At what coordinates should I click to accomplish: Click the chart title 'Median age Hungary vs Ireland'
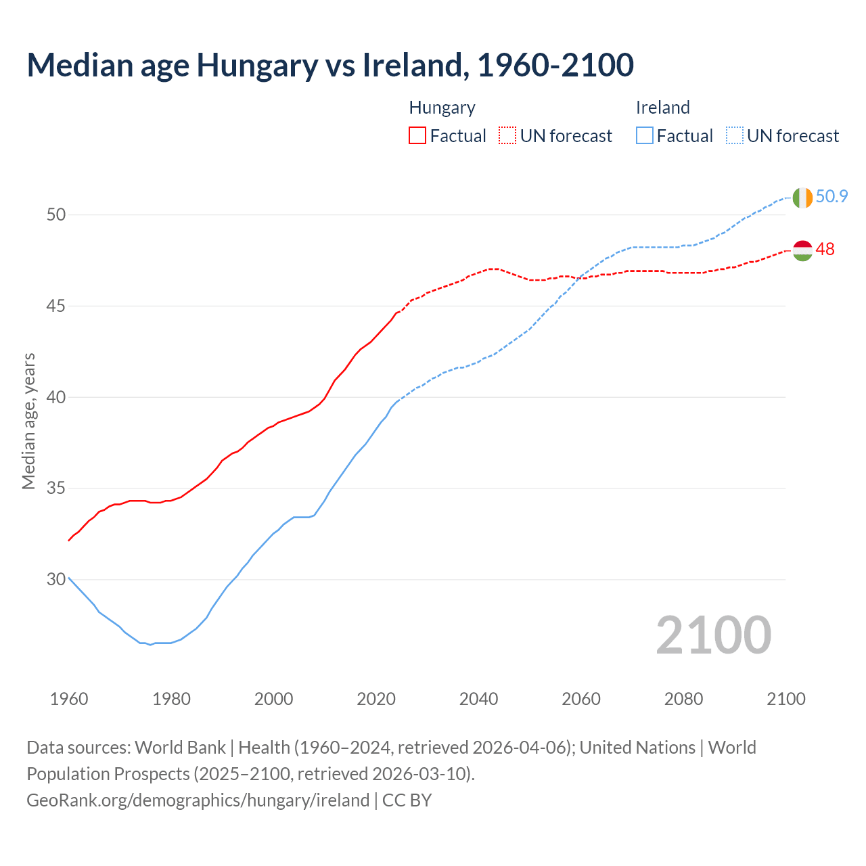click(330, 65)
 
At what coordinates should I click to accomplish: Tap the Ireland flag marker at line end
click(802, 198)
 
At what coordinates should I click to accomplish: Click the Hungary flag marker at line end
click(802, 250)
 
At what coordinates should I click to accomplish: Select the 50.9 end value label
click(831, 196)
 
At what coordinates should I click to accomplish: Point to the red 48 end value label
click(825, 249)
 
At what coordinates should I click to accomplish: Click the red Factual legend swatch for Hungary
click(417, 136)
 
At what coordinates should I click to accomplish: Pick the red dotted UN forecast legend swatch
click(507, 136)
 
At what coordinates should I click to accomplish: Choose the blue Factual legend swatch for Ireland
click(645, 136)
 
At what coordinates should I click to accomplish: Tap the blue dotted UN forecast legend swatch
click(734, 136)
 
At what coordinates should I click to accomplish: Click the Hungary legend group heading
click(442, 108)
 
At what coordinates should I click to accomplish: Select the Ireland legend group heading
click(662, 108)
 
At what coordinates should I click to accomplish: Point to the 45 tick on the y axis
click(56, 306)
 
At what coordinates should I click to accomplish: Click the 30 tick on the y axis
click(56, 579)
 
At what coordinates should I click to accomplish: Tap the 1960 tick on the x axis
click(69, 699)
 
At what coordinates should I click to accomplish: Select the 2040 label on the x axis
click(478, 699)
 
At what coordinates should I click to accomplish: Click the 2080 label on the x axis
click(683, 699)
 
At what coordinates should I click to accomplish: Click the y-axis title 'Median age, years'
click(28, 421)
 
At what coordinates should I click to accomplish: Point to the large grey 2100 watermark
click(713, 635)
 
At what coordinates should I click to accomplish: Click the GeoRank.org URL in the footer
click(198, 800)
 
